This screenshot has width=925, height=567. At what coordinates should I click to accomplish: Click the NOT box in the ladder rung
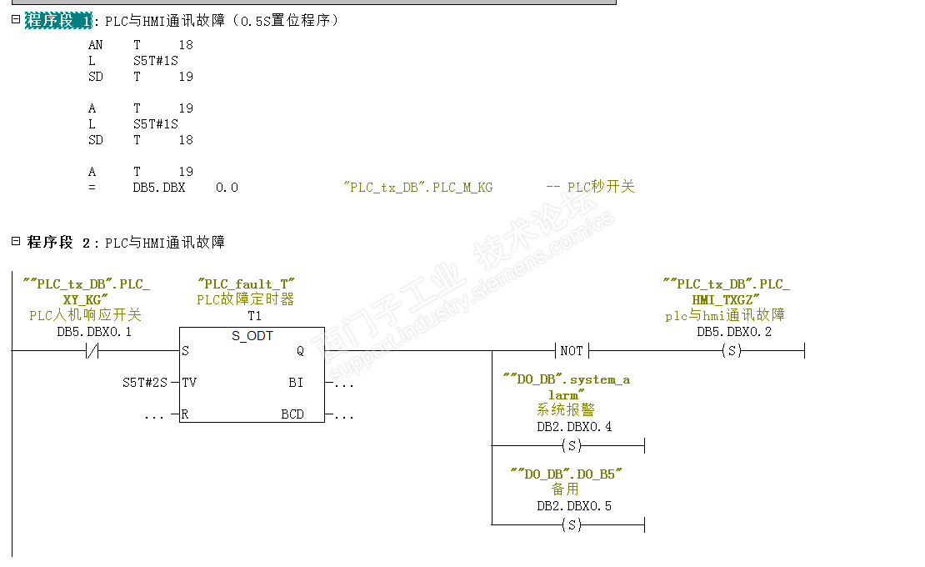572,351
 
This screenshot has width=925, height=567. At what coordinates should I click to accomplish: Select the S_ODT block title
252,336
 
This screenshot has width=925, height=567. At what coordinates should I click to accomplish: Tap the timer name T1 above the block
254,316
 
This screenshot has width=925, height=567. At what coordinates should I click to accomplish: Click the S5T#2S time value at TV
144,383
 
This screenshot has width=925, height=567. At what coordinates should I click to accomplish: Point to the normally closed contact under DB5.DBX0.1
93,351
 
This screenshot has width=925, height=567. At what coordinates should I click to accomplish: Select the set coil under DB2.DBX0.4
572,446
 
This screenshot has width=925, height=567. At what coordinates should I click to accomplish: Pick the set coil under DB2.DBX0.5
572,524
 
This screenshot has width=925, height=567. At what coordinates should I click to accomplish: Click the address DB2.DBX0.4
573,427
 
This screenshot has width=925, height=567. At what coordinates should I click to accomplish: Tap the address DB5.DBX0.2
733,332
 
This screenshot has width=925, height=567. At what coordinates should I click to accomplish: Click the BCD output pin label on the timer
292,414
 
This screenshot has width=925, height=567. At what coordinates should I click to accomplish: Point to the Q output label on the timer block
300,351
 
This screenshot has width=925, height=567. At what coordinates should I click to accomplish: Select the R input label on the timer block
184,414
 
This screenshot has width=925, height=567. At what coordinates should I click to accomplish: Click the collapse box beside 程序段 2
15,241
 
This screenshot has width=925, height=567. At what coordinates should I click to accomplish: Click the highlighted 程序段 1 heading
58,21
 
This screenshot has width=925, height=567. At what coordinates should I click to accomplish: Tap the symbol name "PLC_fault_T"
246,284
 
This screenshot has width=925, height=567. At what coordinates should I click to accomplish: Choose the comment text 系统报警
566,410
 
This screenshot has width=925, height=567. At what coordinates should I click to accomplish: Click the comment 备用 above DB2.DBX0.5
565,489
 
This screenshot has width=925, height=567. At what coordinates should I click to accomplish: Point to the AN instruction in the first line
95,45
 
